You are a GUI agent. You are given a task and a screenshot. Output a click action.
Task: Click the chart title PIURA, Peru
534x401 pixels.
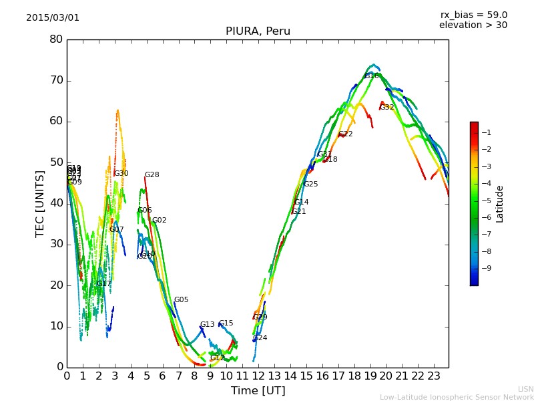click(258, 31)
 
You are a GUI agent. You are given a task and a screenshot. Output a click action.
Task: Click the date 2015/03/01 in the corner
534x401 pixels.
click(53, 18)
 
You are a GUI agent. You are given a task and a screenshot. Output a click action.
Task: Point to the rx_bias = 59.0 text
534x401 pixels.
click(473, 15)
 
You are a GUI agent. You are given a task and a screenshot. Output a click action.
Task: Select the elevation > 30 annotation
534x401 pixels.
click(473, 25)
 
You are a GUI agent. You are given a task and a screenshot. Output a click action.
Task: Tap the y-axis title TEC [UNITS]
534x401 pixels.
click(40, 203)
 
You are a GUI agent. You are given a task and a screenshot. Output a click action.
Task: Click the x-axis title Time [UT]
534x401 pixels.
click(258, 391)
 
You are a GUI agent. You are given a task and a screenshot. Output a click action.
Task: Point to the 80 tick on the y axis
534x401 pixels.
click(56, 39)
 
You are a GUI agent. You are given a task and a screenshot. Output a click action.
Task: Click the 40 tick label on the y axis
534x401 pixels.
click(56, 203)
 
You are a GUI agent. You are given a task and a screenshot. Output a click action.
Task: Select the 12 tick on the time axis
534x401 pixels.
click(258, 376)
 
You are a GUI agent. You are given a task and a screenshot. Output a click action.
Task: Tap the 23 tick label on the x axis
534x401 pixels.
click(434, 376)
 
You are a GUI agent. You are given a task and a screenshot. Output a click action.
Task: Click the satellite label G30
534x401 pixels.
click(121, 174)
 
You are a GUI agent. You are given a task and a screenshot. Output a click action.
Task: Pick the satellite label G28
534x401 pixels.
click(152, 175)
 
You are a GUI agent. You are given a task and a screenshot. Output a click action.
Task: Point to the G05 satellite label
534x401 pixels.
click(182, 300)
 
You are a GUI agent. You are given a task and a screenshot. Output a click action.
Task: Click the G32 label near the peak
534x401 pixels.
click(387, 108)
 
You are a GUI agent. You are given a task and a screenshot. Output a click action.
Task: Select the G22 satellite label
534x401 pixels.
click(346, 134)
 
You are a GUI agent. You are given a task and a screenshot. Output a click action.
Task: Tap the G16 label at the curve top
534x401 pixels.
click(372, 76)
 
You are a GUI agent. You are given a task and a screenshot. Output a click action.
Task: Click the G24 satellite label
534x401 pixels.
click(260, 338)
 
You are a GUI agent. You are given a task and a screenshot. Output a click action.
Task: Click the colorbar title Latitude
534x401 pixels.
click(500, 204)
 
